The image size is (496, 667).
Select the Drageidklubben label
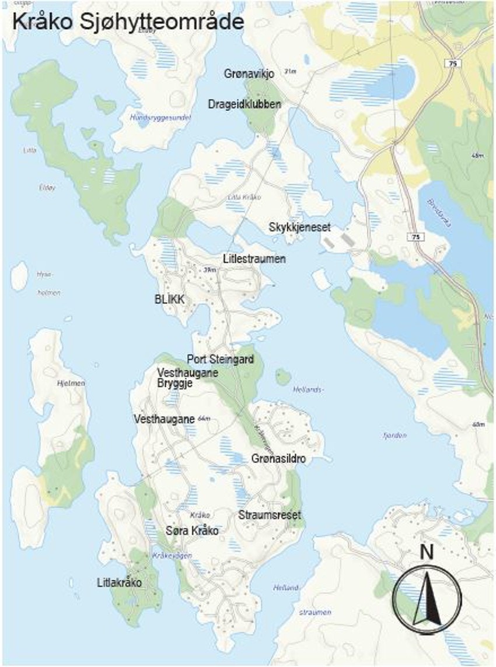(244, 104)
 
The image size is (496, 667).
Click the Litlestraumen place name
(254, 258)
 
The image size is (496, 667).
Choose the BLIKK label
(170, 299)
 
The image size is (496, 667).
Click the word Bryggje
(175, 383)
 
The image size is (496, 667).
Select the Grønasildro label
(278, 459)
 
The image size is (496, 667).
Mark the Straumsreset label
(270, 515)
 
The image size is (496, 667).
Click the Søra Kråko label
(192, 531)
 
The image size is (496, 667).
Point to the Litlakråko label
(120, 583)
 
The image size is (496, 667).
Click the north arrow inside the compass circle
(427, 598)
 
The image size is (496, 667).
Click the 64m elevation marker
(204, 419)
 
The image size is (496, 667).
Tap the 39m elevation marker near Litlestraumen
(210, 270)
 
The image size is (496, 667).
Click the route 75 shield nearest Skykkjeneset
(415, 237)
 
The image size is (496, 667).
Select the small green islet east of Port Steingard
(283, 377)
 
